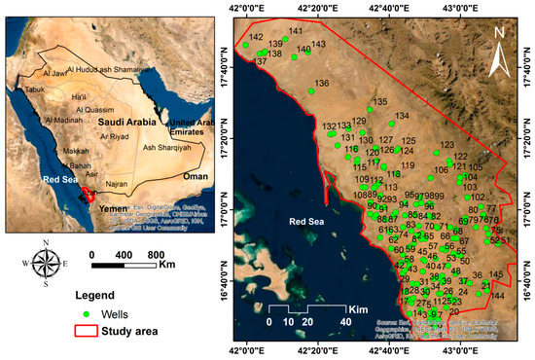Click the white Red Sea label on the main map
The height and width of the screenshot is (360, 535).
[x=309, y=222]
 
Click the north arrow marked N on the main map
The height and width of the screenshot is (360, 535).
[x=500, y=54]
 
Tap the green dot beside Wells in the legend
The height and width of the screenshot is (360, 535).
[x=87, y=315]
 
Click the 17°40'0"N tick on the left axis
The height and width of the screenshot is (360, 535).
[x=230, y=71]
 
